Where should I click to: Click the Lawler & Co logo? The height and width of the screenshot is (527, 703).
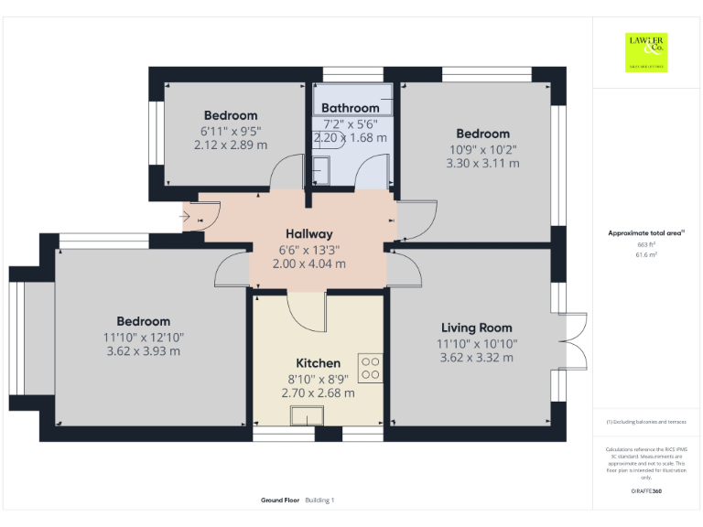coord(646,52)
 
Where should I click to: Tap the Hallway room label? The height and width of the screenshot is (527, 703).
coord(308,233)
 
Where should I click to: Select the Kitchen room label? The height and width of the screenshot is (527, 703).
coord(318,363)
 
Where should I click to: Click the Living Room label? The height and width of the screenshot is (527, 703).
coord(476,328)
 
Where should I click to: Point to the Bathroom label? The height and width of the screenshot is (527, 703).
coord(350,108)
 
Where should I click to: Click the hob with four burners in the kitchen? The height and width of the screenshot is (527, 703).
coord(371,368)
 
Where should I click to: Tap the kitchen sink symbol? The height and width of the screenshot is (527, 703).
coord(305,416)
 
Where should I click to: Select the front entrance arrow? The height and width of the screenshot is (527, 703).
coord(185,217)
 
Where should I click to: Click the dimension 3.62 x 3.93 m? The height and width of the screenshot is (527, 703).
coord(143,350)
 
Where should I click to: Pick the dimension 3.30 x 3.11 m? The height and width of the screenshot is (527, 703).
coord(482,163)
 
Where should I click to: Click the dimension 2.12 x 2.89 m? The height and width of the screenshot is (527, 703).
coord(231,145)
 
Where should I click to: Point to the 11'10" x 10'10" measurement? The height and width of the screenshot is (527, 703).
coord(476,343)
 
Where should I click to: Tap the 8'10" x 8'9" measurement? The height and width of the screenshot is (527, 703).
coord(318,379)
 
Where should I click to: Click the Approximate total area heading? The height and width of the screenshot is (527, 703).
coord(646,233)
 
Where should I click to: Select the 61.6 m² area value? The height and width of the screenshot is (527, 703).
coord(646,255)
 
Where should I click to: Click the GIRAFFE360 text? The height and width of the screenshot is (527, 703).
coord(646,492)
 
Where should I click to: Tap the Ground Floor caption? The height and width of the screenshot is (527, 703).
coord(280,500)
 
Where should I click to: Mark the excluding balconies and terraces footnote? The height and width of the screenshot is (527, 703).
coord(646,422)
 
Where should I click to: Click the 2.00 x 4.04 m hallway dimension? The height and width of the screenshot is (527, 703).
coord(308,263)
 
